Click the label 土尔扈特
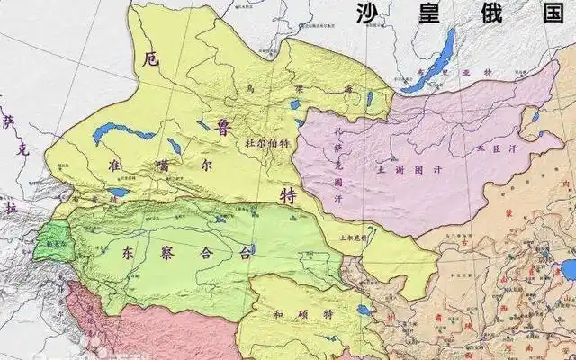(x=352, y=238)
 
